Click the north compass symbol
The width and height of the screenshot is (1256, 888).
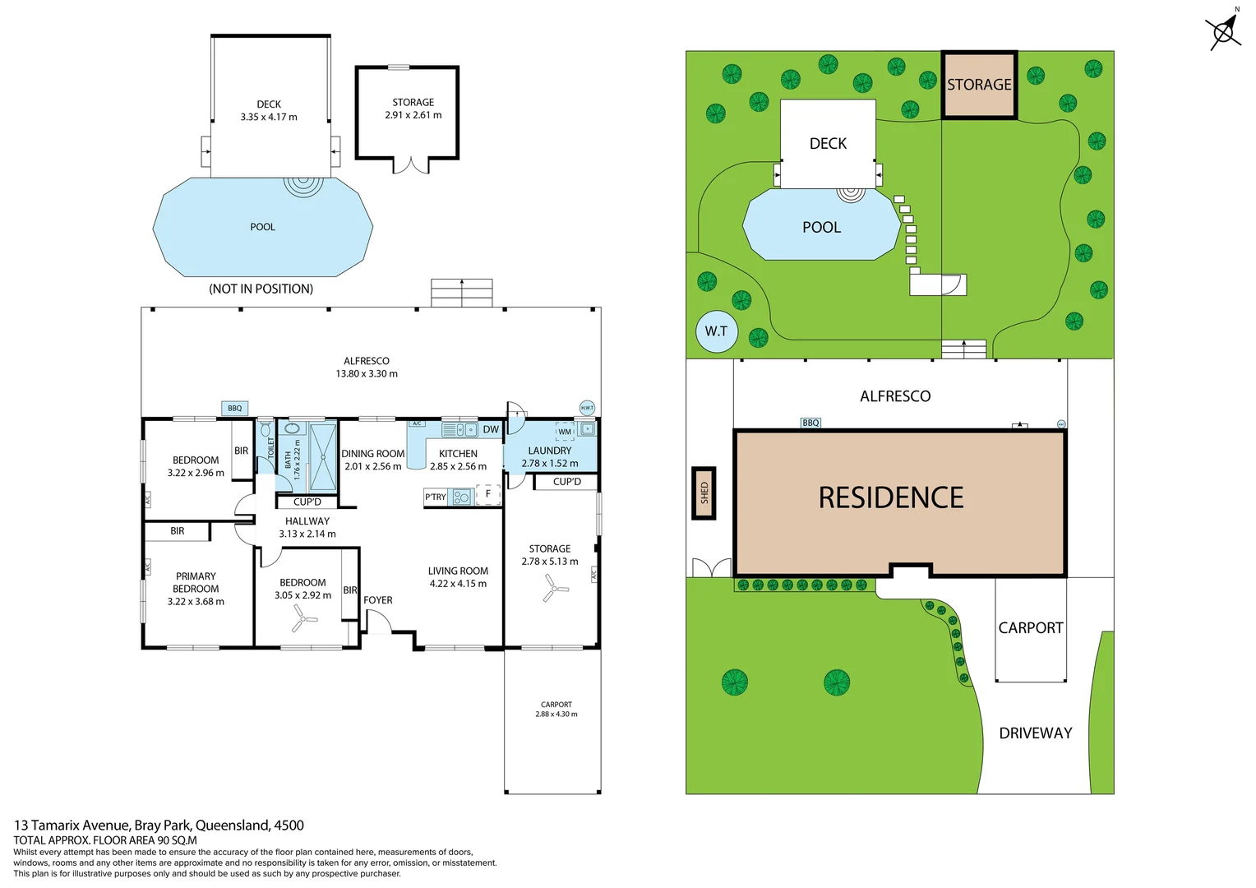1223,32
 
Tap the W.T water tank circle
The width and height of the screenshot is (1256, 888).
716,331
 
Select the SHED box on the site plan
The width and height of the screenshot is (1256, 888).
704,493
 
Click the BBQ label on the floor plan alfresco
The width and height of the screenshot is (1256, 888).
235,409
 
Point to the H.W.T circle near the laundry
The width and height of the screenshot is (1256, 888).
587,408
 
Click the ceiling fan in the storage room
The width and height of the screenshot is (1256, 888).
556,588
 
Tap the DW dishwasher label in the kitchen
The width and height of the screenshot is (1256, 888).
491,429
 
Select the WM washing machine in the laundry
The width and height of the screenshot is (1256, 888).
565,432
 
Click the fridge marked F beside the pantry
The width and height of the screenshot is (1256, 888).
488,494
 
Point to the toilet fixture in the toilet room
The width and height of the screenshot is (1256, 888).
266,429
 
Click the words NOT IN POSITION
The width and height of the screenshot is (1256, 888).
261,289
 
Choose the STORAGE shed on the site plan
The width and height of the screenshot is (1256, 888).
979,85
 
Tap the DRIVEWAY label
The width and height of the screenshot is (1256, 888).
1035,733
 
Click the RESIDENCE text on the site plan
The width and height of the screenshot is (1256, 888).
891,498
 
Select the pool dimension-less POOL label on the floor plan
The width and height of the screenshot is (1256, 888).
262,227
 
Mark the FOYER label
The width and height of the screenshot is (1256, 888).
378,600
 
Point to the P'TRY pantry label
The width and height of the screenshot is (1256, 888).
436,497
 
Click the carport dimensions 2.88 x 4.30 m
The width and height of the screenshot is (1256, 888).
556,715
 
